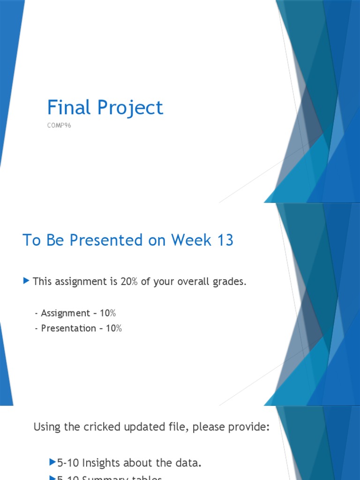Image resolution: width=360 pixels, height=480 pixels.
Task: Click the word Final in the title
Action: (x=68, y=108)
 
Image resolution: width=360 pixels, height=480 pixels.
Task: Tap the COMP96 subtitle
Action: (x=59, y=126)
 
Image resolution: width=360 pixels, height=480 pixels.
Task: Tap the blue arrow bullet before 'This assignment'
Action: (x=26, y=281)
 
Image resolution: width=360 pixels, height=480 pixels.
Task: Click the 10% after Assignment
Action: (x=108, y=313)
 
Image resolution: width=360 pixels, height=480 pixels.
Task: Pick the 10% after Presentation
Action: (x=114, y=328)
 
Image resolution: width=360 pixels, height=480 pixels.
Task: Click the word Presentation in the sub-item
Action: (x=68, y=328)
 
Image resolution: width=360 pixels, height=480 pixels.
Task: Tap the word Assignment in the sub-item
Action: (x=65, y=313)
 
